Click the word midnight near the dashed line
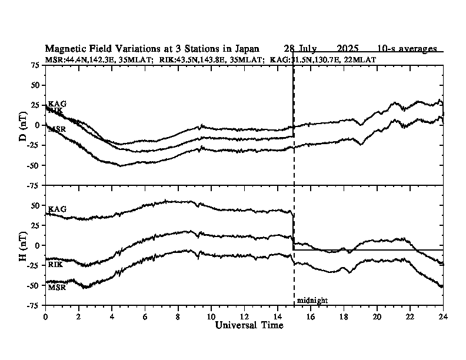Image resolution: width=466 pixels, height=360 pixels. pos(312,301)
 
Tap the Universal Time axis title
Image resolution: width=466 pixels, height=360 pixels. pos(249,325)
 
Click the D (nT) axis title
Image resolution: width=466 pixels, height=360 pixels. pos(24,125)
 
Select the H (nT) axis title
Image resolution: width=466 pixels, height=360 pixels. pos(24,245)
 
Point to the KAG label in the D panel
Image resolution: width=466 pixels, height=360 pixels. pos(57,104)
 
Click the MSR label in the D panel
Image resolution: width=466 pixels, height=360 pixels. pos(57,129)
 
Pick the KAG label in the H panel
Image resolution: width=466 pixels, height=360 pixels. pos(57,209)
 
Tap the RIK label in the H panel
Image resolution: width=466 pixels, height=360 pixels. pos(55,264)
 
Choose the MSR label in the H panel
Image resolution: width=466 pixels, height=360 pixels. pos(56,288)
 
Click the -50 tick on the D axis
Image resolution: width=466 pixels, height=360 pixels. pos(34,165)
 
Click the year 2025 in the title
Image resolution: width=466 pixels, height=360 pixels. pos(349,48)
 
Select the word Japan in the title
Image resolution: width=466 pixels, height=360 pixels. pos(259,48)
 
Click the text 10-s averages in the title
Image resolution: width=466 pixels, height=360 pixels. pos(407,48)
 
